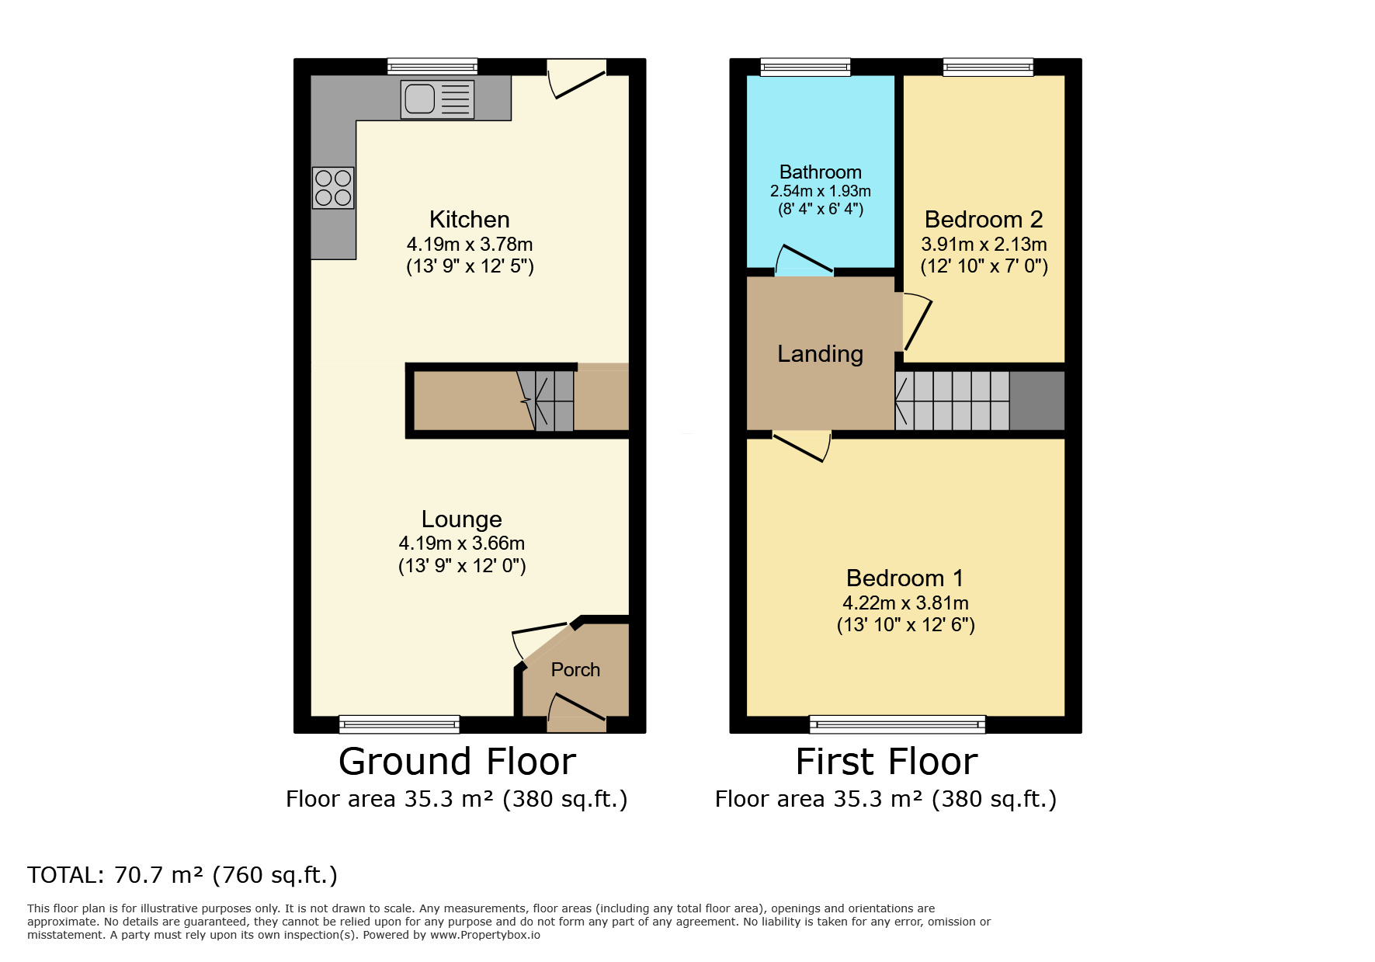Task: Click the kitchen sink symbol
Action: (437, 99)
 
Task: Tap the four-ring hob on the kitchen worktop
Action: (333, 188)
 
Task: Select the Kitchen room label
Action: (469, 219)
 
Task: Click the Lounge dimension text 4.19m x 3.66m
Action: (461, 543)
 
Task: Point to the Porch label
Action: (575, 669)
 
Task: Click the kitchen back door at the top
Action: (577, 79)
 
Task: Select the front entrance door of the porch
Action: (576, 710)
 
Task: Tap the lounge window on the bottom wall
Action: (399, 724)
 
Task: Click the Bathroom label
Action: (820, 172)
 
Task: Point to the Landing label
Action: (820, 354)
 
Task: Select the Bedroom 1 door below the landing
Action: (803, 446)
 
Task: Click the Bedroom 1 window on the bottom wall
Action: (897, 724)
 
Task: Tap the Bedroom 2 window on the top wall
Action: (988, 68)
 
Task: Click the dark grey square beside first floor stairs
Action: (1036, 401)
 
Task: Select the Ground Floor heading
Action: (457, 762)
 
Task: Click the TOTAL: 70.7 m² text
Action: (182, 875)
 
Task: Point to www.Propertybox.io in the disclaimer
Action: (484, 935)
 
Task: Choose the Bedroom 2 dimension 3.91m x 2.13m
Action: (984, 245)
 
